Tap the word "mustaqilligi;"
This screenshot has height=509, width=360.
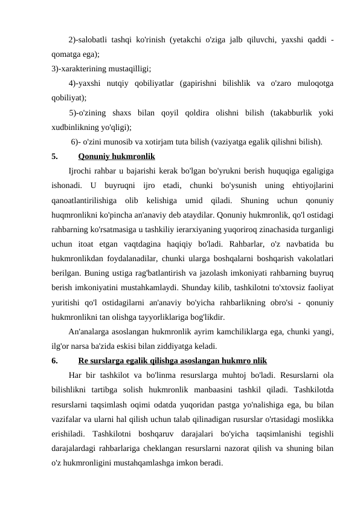(129, 68)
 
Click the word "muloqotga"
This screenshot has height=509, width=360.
(315, 82)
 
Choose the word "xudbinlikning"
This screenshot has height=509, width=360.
(75, 127)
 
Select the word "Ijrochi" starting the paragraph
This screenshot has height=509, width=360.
(81, 172)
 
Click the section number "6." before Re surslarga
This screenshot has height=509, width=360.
(55, 361)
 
